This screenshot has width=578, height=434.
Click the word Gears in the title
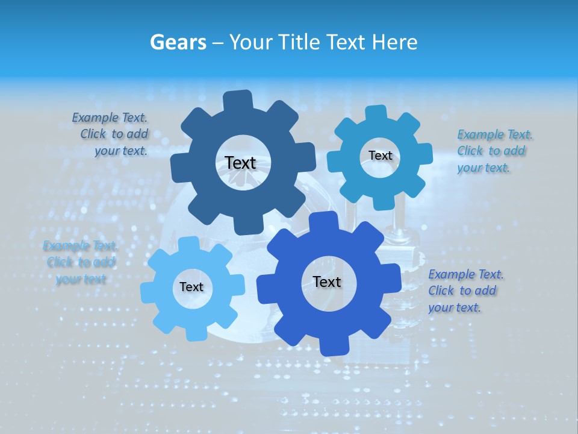point(178,42)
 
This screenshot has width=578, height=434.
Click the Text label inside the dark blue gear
point(240,163)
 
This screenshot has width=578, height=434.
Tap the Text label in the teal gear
point(380,156)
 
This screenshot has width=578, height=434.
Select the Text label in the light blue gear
point(191,287)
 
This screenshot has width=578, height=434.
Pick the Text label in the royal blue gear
point(327,281)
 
